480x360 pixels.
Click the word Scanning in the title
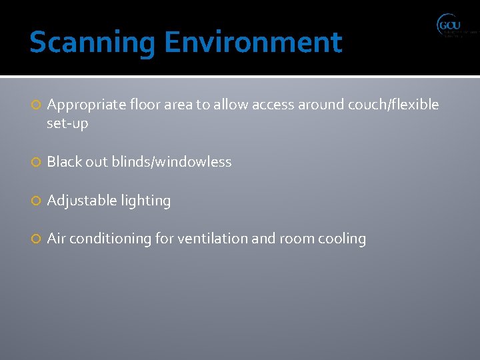[93, 43]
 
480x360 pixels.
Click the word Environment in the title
[253, 43]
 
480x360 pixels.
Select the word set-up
[67, 123]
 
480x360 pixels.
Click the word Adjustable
[80, 201]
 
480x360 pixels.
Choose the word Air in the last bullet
[56, 239]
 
